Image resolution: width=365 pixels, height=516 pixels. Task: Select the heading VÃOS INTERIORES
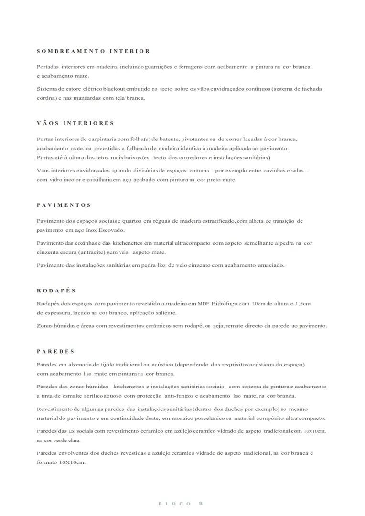(x=75, y=123)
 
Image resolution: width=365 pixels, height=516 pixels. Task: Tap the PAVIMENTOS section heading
(x=64, y=205)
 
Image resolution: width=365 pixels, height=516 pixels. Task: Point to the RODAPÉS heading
(x=56, y=290)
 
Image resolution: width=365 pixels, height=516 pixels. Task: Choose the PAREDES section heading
(x=55, y=351)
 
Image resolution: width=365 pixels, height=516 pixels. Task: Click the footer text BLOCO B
(x=181, y=504)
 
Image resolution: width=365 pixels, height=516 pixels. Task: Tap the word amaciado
(x=271, y=265)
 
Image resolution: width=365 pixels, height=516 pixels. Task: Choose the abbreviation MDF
(x=210, y=304)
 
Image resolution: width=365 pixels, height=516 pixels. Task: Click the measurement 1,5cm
(x=303, y=304)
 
